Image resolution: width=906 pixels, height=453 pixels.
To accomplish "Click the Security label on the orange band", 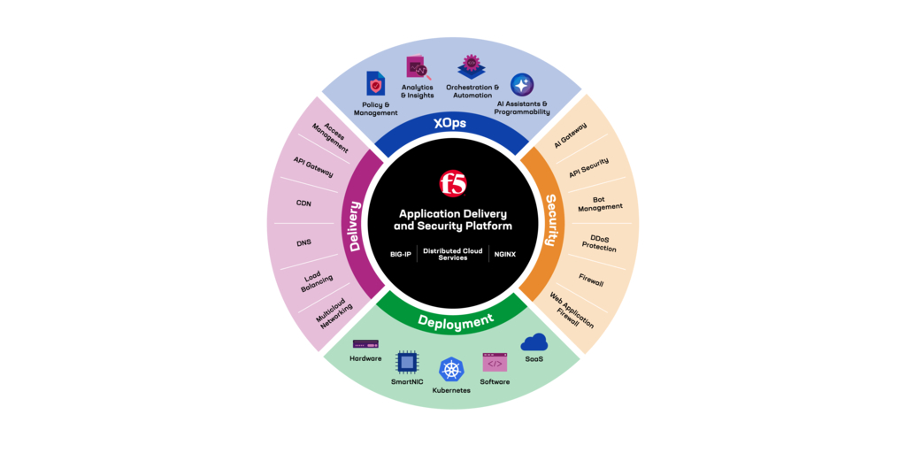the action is tap(550, 220).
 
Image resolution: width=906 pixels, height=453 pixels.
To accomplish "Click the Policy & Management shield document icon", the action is tap(375, 83).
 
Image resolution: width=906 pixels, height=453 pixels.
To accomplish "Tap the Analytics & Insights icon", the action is tap(418, 68).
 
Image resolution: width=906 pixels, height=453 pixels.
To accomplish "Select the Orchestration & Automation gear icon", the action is tap(471, 67).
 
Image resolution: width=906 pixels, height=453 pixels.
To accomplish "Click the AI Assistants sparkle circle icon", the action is tap(522, 85).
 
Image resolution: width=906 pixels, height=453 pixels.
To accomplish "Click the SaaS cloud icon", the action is tap(534, 342).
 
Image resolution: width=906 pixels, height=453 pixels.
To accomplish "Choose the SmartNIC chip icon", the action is tap(407, 362).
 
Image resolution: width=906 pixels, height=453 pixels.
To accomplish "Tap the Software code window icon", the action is tap(495, 362).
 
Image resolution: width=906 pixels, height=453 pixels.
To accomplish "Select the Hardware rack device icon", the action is tap(365, 344).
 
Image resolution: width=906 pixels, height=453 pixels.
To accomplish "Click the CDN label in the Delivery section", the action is tap(303, 203).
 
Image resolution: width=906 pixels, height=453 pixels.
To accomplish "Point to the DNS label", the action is tap(304, 242).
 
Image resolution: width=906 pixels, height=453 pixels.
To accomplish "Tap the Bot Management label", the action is tap(600, 203).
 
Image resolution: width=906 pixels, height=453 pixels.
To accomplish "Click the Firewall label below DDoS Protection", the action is tap(591, 280).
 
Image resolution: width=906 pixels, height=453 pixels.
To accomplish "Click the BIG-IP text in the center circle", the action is tap(401, 254).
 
